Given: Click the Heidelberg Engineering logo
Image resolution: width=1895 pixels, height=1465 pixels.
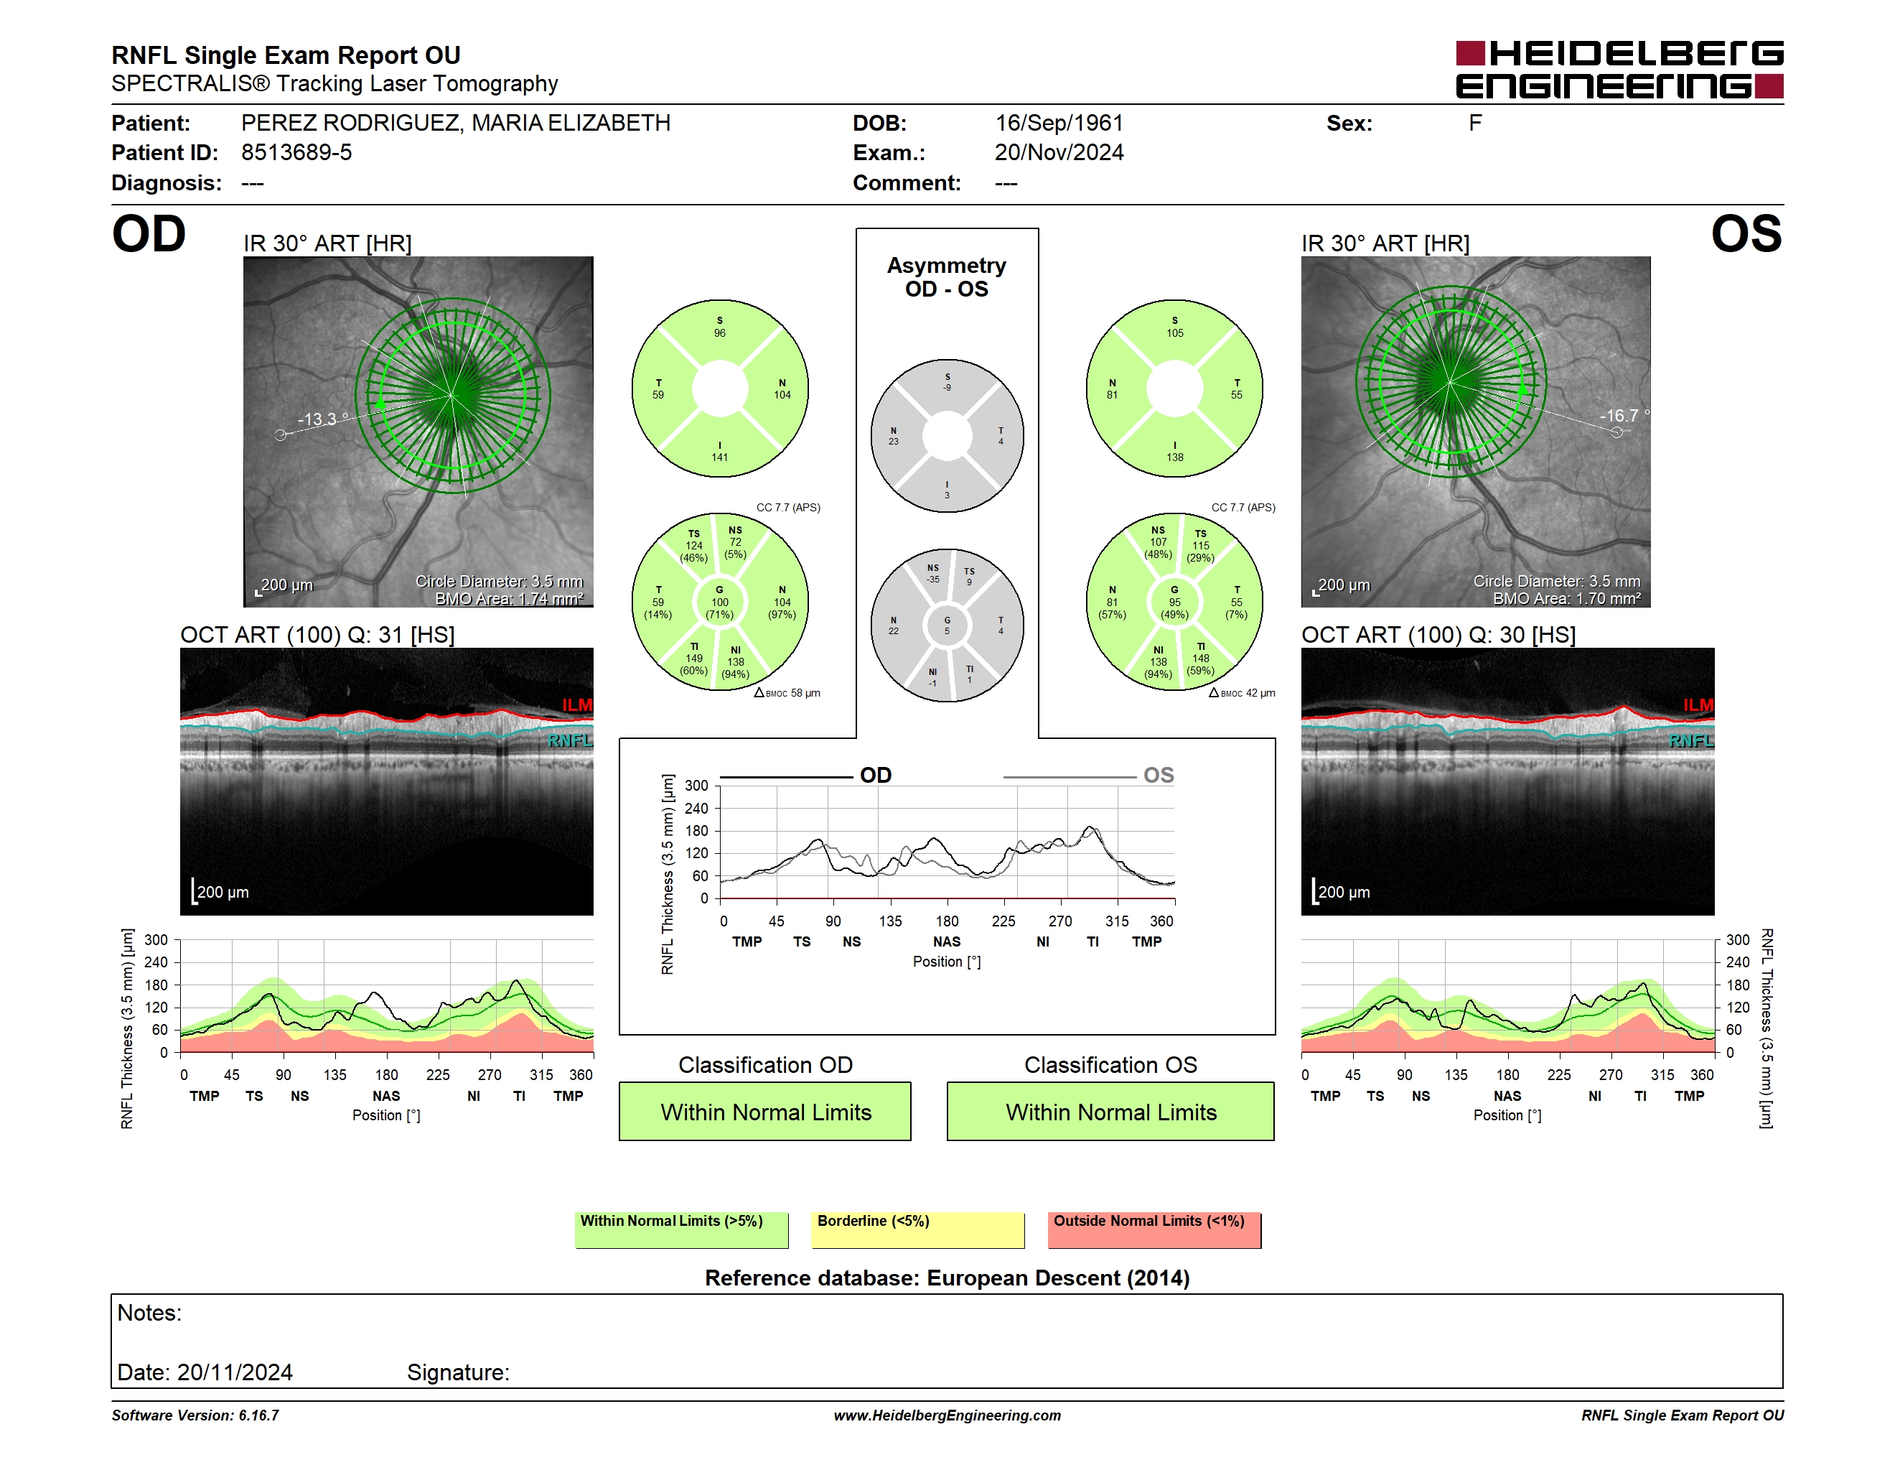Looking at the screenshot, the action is tap(1619, 70).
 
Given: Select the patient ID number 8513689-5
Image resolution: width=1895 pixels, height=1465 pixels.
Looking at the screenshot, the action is tap(296, 153).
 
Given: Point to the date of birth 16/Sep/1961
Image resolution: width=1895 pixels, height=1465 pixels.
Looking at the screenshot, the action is tap(1059, 124).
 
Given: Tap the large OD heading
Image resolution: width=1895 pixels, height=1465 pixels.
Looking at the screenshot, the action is tap(149, 234).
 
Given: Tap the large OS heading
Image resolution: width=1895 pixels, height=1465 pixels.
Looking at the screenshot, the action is tap(1746, 234).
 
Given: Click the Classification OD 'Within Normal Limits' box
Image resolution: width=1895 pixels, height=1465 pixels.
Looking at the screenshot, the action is tap(765, 1112).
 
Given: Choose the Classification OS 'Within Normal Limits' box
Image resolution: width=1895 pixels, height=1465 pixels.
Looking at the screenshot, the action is tap(1110, 1112).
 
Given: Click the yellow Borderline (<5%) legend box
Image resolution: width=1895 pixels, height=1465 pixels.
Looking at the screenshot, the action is tap(918, 1229).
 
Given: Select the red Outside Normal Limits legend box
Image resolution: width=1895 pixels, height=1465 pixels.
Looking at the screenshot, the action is tap(1154, 1229).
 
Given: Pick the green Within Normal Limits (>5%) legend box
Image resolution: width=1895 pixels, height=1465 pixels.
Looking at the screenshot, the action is tap(682, 1229).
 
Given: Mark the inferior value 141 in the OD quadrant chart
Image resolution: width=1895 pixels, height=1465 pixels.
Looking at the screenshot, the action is tap(720, 457).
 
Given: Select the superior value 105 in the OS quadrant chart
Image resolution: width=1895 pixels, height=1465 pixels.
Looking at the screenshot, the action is tap(1175, 333).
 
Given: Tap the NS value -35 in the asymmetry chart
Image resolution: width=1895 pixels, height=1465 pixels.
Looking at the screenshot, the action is tap(932, 580).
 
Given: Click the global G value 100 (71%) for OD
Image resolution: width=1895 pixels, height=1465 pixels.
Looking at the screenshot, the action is tap(720, 608).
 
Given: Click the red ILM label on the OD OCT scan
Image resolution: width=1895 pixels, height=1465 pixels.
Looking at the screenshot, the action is tap(577, 704).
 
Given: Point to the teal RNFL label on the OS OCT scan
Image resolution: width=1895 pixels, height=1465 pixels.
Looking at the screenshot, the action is tap(1692, 740).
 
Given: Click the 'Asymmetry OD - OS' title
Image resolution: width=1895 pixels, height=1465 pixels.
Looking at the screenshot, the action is tap(947, 277).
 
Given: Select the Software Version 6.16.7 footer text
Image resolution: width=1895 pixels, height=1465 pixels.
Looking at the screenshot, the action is tap(195, 1415).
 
